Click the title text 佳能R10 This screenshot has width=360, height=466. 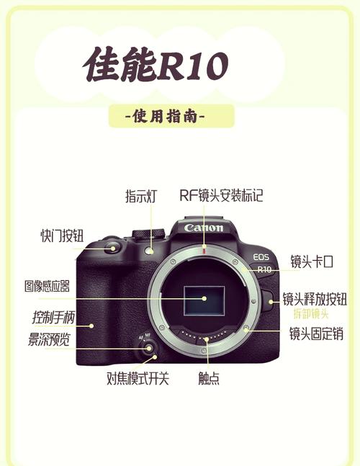coord(155,66)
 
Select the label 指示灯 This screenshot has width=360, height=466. coord(141,196)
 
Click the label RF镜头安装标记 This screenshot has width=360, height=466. coord(221,196)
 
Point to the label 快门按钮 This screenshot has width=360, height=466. coord(62,236)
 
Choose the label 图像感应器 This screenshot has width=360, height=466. coord(47,286)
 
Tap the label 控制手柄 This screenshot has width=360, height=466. coord(54,318)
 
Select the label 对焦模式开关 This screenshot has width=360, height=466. coord(138,378)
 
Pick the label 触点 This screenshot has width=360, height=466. coord(209,378)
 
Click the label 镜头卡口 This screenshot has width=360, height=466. coord(312,261)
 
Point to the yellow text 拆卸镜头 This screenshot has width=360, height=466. coord(310,314)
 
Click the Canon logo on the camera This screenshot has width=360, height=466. coord(204,228)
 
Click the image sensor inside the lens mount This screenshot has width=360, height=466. coord(204,297)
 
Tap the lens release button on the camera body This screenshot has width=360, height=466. coord(268,300)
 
